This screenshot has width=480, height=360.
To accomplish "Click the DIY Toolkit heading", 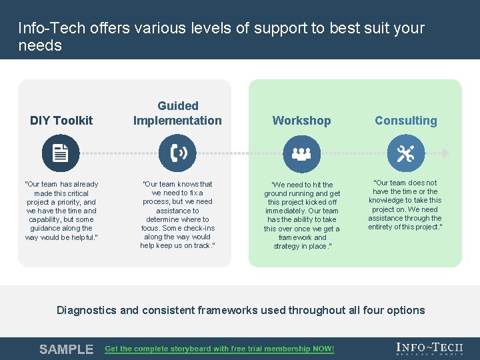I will pos(61,121).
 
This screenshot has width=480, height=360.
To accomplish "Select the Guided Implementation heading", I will pos(177,113).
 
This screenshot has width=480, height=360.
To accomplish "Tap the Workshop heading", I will pos(301,121).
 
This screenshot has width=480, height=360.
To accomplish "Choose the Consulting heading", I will pos(405,121).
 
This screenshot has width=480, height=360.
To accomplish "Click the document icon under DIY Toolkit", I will pos(61,153).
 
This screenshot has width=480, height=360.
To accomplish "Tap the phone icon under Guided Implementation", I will pos(177,153).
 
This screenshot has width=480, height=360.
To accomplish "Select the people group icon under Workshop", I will pos(301,153).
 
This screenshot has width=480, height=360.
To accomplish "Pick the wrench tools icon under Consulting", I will pos(405,153).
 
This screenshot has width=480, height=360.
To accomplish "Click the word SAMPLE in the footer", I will pos(66,349).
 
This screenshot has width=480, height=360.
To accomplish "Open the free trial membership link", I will pos(219,349).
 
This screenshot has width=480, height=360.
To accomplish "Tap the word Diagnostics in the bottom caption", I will pos(87,310).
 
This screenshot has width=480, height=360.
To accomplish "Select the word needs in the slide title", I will pos(40,46).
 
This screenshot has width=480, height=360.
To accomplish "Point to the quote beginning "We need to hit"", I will pos(301,215).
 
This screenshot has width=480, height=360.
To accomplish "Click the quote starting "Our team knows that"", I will pos(177,215).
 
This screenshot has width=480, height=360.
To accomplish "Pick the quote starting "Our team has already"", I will pos(61,211).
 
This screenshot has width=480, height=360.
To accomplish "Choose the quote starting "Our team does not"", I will pos(405,205).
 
